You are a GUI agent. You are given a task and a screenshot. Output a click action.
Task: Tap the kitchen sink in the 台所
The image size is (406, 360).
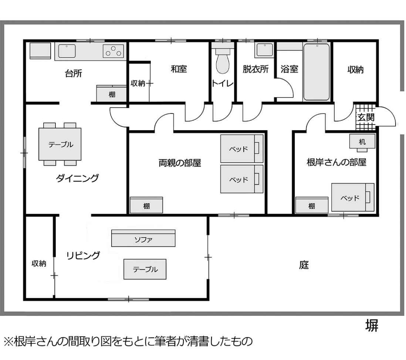click(x=67, y=51)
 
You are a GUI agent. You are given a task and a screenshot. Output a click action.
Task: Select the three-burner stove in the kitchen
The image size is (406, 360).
click(x=113, y=51)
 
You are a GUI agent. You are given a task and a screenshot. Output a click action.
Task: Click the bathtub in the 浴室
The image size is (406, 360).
click(x=317, y=72)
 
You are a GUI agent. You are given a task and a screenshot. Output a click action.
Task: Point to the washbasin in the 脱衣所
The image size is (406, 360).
click(x=265, y=50)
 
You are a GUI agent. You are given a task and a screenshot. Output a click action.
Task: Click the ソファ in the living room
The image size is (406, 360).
click(x=143, y=238)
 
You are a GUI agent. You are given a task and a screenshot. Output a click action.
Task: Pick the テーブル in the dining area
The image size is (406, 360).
click(x=60, y=144)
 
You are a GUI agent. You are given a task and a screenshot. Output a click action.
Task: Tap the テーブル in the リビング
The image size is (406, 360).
click(x=145, y=269)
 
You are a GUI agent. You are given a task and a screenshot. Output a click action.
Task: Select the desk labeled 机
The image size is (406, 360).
click(x=362, y=141)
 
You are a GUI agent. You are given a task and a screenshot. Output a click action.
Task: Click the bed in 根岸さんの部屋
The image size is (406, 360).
click(x=353, y=197)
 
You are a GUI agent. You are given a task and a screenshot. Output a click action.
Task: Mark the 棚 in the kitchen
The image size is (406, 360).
click(x=112, y=94)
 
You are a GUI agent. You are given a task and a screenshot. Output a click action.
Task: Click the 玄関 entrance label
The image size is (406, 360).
click(x=366, y=117)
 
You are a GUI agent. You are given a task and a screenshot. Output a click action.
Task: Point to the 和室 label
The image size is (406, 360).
click(x=179, y=69)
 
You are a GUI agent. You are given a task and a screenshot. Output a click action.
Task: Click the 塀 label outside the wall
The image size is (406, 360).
click(x=372, y=325)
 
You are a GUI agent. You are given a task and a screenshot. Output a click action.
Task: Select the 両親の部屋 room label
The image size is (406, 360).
click(x=180, y=163)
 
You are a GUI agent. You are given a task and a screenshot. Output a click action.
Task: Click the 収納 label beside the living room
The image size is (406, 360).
click(x=39, y=264)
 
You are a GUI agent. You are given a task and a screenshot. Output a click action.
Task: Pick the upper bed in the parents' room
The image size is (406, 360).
click(x=242, y=149)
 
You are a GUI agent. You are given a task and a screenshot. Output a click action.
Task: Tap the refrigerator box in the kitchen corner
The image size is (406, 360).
click(x=40, y=51)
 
